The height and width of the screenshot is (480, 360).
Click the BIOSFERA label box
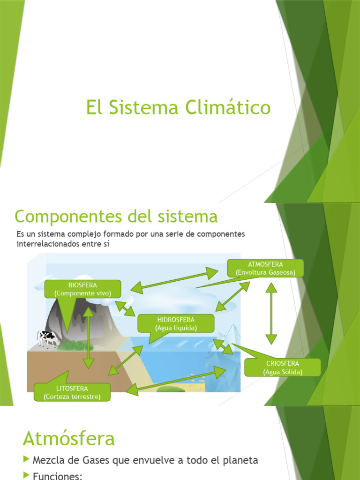[x=82, y=289]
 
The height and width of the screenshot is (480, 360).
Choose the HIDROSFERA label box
[x=176, y=323]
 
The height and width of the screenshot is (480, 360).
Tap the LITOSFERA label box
[x=72, y=392]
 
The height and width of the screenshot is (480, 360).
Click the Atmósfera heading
[x=69, y=439]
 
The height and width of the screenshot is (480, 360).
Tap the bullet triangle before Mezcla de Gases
[x=27, y=460]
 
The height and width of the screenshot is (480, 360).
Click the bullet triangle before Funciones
[x=27, y=476]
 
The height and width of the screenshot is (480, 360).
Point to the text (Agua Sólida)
[x=283, y=372]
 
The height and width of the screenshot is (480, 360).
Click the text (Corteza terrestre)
[x=72, y=397]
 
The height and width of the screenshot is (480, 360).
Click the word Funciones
[x=57, y=476]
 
